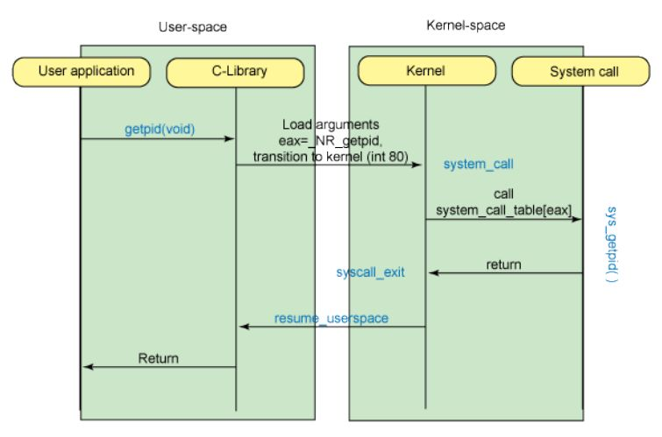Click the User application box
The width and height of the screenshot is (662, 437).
86,70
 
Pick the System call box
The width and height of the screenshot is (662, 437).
583,72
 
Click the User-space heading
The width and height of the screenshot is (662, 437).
193,27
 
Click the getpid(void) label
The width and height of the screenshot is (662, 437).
160,129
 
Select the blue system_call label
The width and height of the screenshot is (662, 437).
478,164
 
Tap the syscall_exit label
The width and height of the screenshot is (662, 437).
370,272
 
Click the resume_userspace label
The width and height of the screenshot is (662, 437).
331,318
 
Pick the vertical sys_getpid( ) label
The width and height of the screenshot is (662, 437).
613,244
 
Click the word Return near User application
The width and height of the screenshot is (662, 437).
158,358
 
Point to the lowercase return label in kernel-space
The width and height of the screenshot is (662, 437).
503,264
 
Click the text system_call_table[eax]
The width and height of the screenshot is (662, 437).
504,210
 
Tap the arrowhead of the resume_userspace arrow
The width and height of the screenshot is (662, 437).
245,327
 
